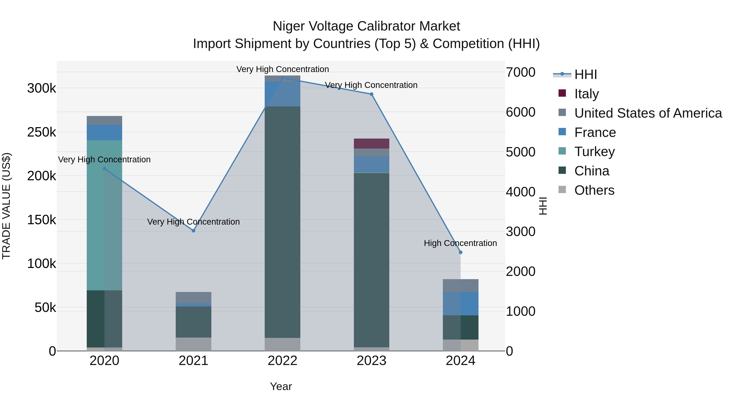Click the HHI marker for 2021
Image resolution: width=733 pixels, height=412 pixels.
[x=193, y=231]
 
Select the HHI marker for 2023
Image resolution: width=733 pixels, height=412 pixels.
[x=371, y=94]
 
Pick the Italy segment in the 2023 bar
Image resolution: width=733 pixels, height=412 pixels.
[x=371, y=144]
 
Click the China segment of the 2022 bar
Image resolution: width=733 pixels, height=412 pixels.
[x=282, y=222]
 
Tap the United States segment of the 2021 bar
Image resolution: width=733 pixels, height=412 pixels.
[x=193, y=297]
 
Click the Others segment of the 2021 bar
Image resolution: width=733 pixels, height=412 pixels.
[x=193, y=344]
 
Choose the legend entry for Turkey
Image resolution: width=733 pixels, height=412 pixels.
[x=594, y=152]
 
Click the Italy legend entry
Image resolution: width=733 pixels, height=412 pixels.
[x=586, y=94]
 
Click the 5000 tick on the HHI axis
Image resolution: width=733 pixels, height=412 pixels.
[x=520, y=152]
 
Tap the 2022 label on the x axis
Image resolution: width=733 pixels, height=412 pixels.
[x=282, y=361]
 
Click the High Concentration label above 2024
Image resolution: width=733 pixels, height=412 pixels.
[x=460, y=243]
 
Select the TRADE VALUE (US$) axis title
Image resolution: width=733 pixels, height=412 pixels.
[x=6, y=206]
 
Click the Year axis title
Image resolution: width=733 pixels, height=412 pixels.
[x=281, y=386]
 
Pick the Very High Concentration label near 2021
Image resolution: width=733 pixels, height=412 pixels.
[x=193, y=222]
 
